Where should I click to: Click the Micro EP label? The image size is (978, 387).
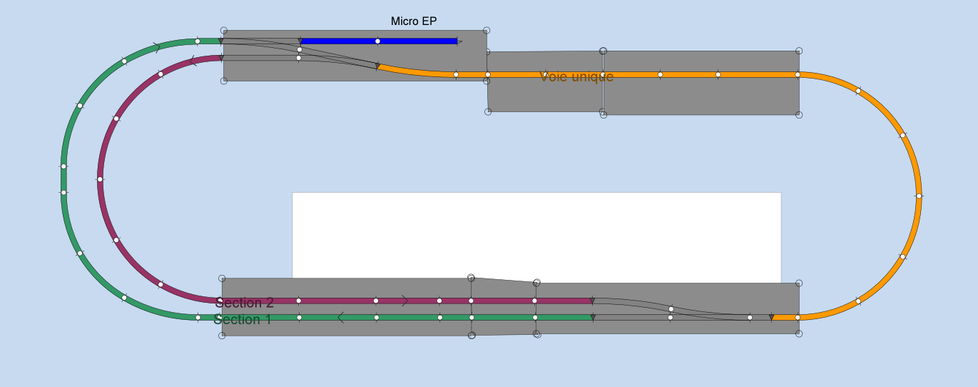[x=414, y=21]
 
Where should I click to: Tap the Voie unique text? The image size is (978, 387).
[x=576, y=76]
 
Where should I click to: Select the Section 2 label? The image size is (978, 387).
[x=244, y=302]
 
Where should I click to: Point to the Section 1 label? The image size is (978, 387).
[x=242, y=319]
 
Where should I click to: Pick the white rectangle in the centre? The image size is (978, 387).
[x=536, y=236]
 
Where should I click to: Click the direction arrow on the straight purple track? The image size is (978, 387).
[x=404, y=301]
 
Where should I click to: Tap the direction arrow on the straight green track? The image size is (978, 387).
[x=340, y=317]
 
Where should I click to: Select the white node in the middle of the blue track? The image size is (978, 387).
[x=377, y=41]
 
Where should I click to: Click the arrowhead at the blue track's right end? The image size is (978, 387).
[x=459, y=41]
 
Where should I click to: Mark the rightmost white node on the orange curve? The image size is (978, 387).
[x=919, y=196]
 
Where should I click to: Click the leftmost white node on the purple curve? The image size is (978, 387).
[x=100, y=179]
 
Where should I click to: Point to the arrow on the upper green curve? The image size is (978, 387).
[x=156, y=48]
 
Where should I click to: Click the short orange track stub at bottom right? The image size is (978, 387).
[x=785, y=317]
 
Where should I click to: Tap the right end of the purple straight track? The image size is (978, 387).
[x=591, y=301]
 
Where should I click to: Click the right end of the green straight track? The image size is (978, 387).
[x=591, y=317]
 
